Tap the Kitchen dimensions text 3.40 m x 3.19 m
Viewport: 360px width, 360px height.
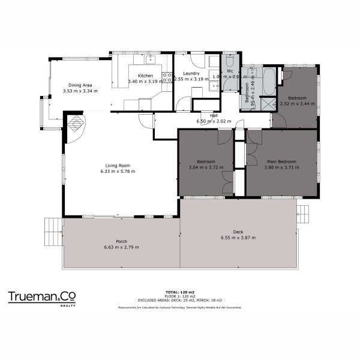click(145, 81)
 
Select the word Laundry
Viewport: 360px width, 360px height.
click(182, 74)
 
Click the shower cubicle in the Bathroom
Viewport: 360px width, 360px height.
click(268, 104)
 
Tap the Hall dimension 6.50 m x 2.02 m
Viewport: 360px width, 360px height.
click(213, 121)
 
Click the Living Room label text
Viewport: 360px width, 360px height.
click(118, 166)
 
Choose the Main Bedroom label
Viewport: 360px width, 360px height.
click(281, 161)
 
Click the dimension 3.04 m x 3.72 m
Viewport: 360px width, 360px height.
click(206, 167)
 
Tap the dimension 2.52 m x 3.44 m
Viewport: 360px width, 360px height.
click(297, 104)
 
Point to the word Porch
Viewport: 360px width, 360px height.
click(121, 242)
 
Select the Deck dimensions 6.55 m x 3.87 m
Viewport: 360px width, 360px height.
click(238, 238)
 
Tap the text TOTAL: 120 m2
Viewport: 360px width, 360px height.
click(180, 291)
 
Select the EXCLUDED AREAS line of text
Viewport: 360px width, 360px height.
click(180, 299)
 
